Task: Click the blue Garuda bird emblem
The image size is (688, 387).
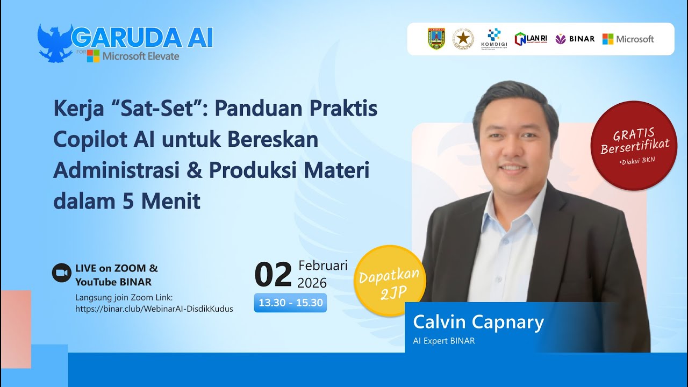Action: [55, 42]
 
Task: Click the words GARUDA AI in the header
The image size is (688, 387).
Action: [142, 38]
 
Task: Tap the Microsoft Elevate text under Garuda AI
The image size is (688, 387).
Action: [141, 56]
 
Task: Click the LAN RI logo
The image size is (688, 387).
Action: [531, 39]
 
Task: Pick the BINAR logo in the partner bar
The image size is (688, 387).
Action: [575, 39]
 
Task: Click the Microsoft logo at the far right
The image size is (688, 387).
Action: [628, 39]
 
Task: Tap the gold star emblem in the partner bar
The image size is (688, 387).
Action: [463, 39]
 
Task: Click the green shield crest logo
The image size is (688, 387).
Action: [436, 39]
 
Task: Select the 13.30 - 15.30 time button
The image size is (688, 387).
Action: [290, 303]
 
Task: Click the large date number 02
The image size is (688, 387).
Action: [273, 275]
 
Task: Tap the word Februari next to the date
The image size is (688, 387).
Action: [322, 266]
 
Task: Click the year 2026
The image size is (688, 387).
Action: [312, 283]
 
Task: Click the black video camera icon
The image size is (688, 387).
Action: [61, 273]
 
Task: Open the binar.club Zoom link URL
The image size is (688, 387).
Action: [154, 309]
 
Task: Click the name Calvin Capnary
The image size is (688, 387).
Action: [478, 322]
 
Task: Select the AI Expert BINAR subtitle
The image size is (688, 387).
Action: [443, 341]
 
